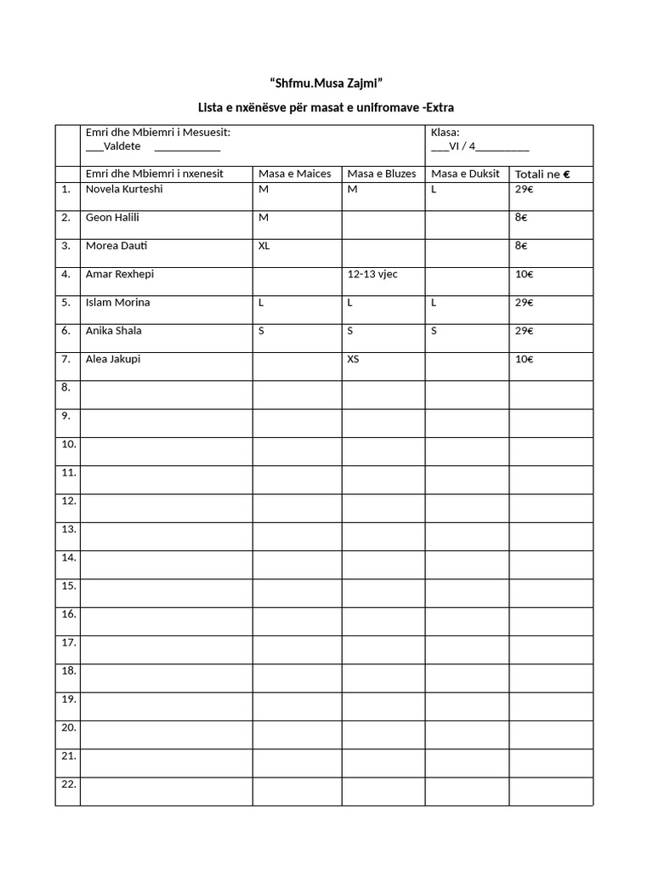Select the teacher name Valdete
tap(122, 146)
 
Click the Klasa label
tap(446, 132)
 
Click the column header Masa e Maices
tap(294, 174)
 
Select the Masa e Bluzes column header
tap(382, 174)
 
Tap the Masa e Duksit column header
tap(465, 174)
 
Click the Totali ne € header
tap(542, 174)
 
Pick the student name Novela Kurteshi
tap(124, 189)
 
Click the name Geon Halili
tap(113, 217)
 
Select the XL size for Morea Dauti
tap(264, 246)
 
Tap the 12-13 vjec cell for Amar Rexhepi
tap(372, 274)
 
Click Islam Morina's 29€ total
tap(524, 303)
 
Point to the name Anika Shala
tap(114, 331)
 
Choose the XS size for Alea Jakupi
tap(353, 359)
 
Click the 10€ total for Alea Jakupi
tap(524, 359)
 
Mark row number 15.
tap(69, 585)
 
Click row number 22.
tap(69, 783)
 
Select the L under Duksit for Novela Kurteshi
tap(434, 189)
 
